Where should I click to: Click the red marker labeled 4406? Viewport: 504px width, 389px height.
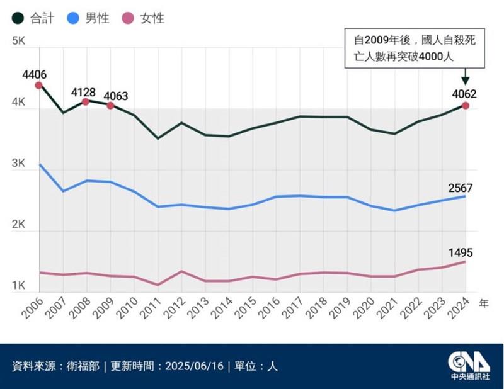pos(38,85)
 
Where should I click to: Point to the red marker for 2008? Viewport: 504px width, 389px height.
pos(86,101)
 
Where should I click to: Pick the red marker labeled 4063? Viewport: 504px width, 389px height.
pos(110,105)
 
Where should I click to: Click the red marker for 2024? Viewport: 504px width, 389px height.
pos(466,105)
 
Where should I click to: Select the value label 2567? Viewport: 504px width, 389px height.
pos(460,188)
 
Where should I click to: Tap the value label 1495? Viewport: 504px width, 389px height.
pos(460,253)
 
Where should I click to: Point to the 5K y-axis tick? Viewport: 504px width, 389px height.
pos(18,42)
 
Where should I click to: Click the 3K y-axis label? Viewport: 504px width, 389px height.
pos(18,164)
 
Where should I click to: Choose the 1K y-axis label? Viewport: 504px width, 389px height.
pos(18,286)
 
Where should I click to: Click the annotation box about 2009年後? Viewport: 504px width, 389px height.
pos(414,48)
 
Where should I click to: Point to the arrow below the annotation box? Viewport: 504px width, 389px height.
pos(466,78)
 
